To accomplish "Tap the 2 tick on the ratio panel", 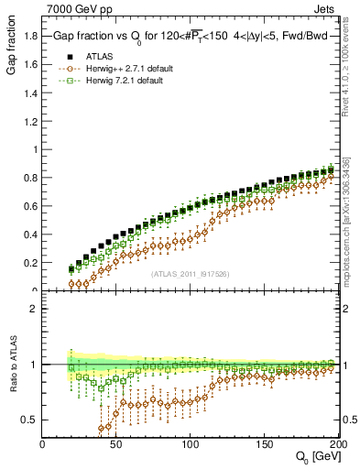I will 34,309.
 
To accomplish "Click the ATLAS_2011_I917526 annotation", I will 190,274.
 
